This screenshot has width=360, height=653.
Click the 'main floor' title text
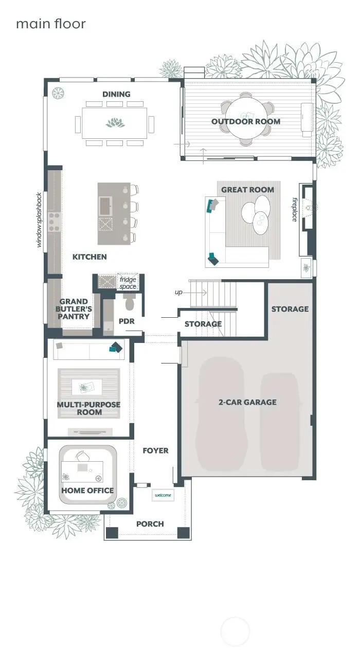tap(50, 24)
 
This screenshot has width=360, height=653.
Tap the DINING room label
tap(116, 94)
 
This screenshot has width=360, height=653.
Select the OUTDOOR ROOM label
tap(246, 121)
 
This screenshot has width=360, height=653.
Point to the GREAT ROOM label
tap(247, 190)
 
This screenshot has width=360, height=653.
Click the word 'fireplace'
tap(295, 209)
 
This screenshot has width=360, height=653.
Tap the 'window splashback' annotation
tap(39, 220)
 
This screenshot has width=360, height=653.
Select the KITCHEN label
tap(89, 257)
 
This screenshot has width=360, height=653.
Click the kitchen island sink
tap(105, 206)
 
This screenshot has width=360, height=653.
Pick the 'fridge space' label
tap(128, 283)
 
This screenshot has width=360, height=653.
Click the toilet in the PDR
tap(129, 304)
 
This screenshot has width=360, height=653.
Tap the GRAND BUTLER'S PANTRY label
tap(74, 309)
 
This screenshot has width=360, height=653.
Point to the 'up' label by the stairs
tap(178, 292)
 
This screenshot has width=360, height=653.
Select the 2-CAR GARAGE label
tap(247, 402)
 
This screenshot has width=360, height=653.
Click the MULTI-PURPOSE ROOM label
tap(88, 408)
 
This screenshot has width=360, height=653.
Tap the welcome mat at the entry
tap(163, 495)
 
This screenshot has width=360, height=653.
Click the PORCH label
tap(150, 524)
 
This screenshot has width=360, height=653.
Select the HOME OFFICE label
tap(87, 491)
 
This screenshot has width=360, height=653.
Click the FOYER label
tap(155, 450)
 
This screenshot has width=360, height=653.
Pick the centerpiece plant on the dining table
tap(115, 122)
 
